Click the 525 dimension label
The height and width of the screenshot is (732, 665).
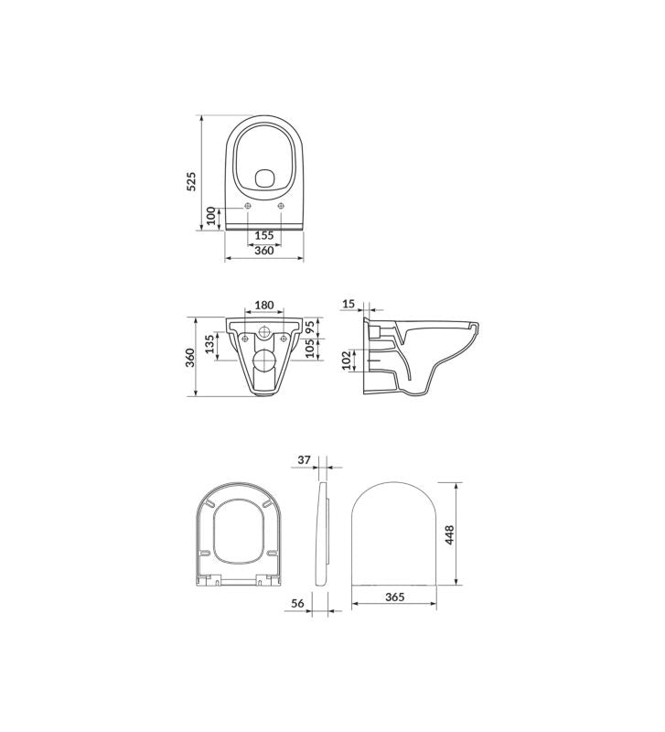tap(191, 181)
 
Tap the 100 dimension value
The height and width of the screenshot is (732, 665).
tap(211, 216)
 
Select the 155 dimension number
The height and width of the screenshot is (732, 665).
tap(264, 235)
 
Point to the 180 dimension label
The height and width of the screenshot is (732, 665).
tap(264, 305)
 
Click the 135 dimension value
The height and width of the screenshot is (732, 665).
tap(209, 343)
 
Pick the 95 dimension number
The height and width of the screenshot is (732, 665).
tap(310, 327)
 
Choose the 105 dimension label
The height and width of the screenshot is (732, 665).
tap(310, 349)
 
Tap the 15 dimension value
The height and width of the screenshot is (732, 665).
tap(349, 304)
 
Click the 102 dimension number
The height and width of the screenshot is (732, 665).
tap(347, 361)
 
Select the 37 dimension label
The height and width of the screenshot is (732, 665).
tap(305, 460)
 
